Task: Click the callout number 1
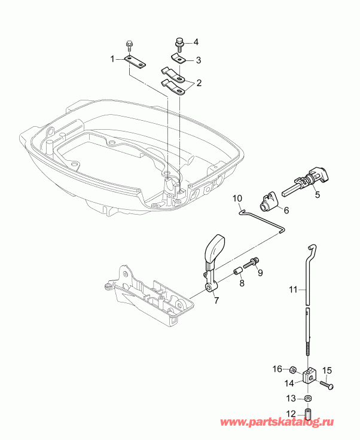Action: tap(112, 59)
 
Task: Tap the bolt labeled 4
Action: tap(178, 42)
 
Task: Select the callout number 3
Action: tap(199, 60)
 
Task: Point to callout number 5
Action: tap(318, 194)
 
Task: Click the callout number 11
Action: tap(292, 289)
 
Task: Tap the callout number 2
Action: tap(199, 82)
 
